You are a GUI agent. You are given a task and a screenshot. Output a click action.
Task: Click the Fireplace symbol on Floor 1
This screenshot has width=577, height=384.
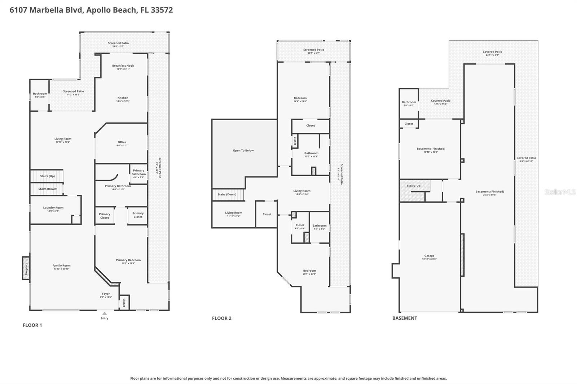pyautogui.click(x=26, y=268)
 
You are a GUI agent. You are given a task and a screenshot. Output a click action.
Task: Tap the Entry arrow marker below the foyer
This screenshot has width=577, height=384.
pyautogui.click(x=104, y=313)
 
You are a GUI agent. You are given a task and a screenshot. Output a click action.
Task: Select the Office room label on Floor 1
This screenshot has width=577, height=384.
pyautogui.click(x=122, y=142)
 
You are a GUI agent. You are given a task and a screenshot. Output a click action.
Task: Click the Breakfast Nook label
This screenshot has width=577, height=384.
pyautogui.click(x=123, y=66)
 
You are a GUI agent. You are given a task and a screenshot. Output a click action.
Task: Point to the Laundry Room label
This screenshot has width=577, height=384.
pyautogui.click(x=53, y=207)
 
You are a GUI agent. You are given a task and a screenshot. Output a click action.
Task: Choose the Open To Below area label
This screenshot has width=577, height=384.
pyautogui.click(x=243, y=151)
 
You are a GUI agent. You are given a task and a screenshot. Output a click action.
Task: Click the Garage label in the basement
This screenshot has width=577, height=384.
pyautogui.click(x=429, y=256)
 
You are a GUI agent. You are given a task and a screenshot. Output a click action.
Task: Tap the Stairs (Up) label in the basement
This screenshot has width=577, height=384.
pyautogui.click(x=414, y=186)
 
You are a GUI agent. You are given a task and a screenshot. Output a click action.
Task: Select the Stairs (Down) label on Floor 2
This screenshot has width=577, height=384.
pyautogui.click(x=227, y=195)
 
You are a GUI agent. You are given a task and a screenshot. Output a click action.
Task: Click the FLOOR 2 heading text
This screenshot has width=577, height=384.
pyautogui.click(x=221, y=318)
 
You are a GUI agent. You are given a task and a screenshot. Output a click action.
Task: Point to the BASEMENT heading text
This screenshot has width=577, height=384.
pyautogui.click(x=405, y=318)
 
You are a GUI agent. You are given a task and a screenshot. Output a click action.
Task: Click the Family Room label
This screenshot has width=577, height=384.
pyautogui.click(x=61, y=265)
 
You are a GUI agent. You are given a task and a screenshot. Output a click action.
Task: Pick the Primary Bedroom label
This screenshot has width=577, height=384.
pyautogui.click(x=128, y=260)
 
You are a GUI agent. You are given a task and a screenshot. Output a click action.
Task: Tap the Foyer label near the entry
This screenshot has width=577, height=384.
pyautogui.click(x=106, y=294)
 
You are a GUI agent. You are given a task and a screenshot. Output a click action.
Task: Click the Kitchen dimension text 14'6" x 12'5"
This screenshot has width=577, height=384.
pyautogui.click(x=123, y=101)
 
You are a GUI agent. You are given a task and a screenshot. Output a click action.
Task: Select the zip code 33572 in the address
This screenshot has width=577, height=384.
pyautogui.click(x=162, y=10)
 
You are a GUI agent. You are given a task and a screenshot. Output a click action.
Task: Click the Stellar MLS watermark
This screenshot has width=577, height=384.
pyautogui.click(x=560, y=192)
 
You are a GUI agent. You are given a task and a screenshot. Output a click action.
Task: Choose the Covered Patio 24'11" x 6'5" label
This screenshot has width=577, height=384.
pyautogui.click(x=492, y=53)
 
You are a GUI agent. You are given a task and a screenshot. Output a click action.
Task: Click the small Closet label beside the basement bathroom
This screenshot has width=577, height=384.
pyautogui.click(x=409, y=124)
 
